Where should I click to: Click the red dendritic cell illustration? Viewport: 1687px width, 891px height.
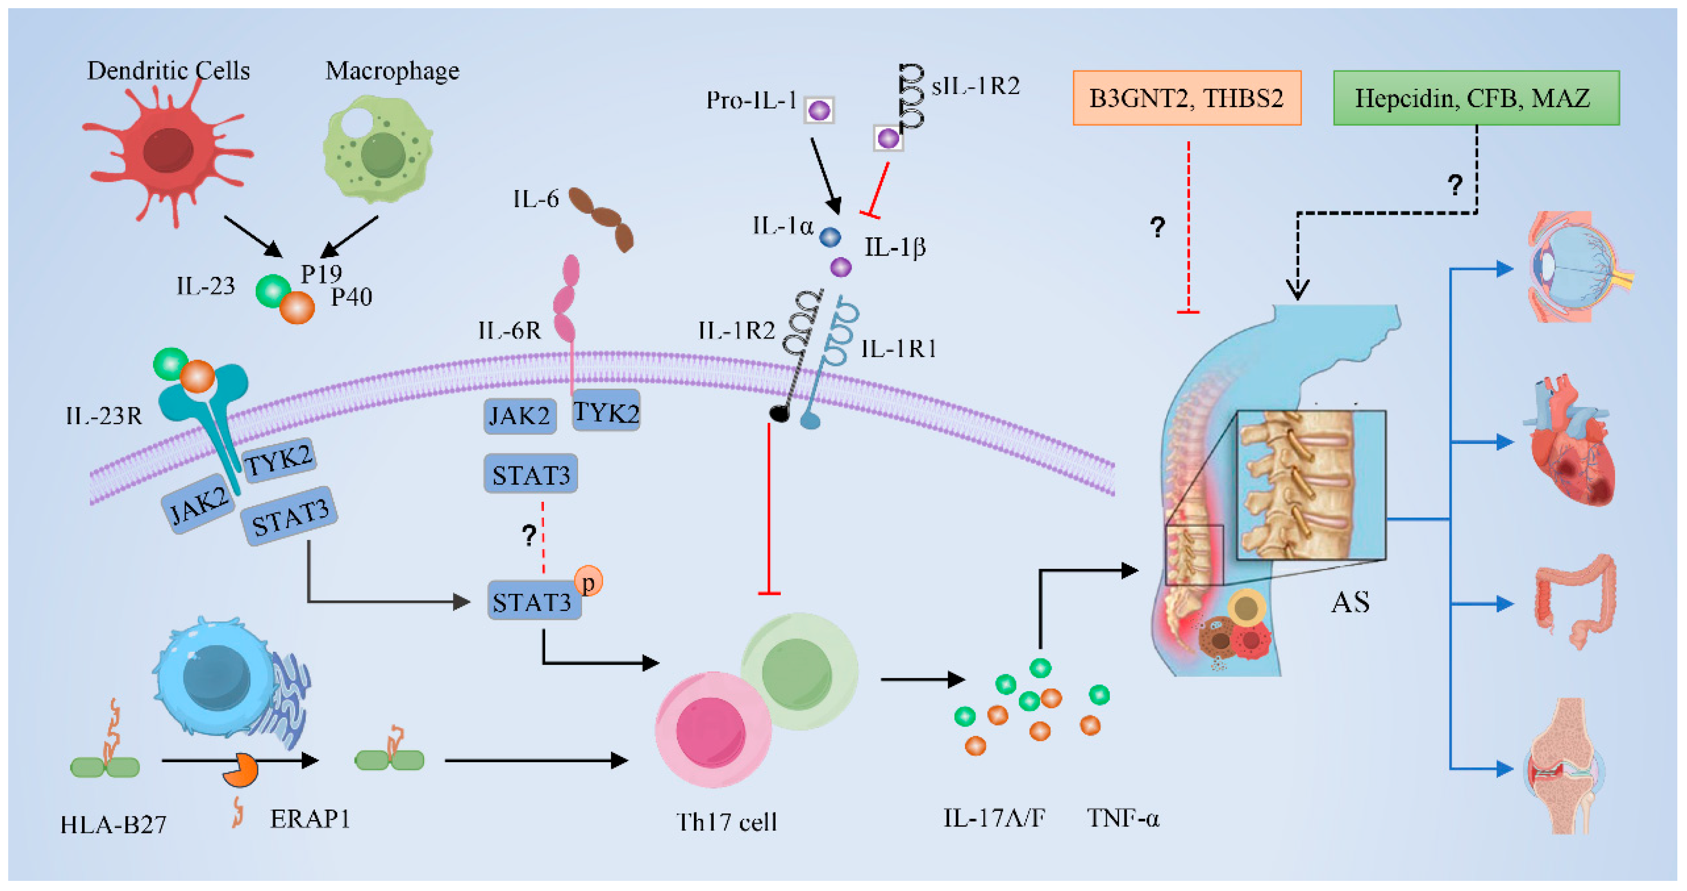point(167,151)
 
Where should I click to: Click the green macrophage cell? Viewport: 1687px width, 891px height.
point(378,149)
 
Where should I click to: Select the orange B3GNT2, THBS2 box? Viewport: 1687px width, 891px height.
point(1186,98)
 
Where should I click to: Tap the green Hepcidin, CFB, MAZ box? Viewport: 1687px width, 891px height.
point(1476,98)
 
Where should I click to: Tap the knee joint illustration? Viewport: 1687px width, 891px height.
point(1565,766)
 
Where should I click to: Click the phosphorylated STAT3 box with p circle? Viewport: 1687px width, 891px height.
point(534,600)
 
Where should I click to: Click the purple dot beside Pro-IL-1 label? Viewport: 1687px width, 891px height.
point(818,110)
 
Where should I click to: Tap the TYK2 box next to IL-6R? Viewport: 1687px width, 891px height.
point(605,411)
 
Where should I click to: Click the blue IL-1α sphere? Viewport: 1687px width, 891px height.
point(830,237)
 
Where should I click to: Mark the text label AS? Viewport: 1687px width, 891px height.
point(1350,602)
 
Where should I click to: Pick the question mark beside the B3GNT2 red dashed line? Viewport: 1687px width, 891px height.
point(1157,227)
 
